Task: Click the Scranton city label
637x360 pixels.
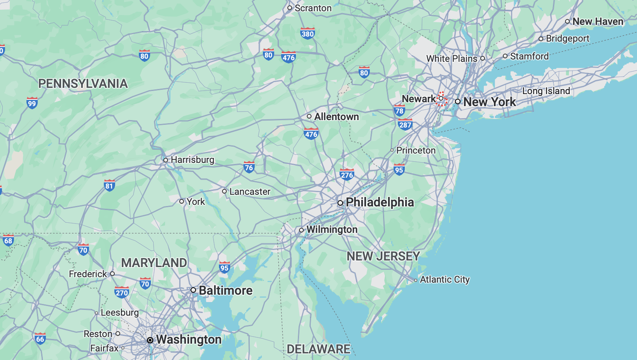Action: [x=313, y=8]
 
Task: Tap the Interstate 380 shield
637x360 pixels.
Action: [x=307, y=33]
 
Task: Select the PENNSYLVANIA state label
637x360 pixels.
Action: [x=83, y=84]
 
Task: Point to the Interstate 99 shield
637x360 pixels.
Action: [x=32, y=103]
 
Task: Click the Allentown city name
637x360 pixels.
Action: [x=336, y=117]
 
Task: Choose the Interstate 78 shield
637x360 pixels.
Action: [x=399, y=111]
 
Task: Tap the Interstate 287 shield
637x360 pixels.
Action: [x=405, y=125]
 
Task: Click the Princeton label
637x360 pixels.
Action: [x=416, y=150]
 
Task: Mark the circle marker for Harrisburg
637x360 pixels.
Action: [x=166, y=160]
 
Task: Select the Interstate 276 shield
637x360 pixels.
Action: [x=346, y=175]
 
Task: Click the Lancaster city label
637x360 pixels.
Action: [x=250, y=192]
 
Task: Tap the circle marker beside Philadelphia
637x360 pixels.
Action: [x=340, y=203]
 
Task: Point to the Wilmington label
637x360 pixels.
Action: [x=332, y=230]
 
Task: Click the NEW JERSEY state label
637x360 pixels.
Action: [x=383, y=256]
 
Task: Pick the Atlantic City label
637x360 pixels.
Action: [x=444, y=280]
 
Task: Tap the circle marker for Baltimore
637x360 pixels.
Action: [x=193, y=290]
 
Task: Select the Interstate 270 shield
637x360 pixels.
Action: [x=122, y=293]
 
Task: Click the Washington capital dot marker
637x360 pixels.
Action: [x=150, y=340]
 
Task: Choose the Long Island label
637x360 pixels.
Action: [x=546, y=91]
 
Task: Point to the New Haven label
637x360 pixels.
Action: [x=598, y=22]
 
